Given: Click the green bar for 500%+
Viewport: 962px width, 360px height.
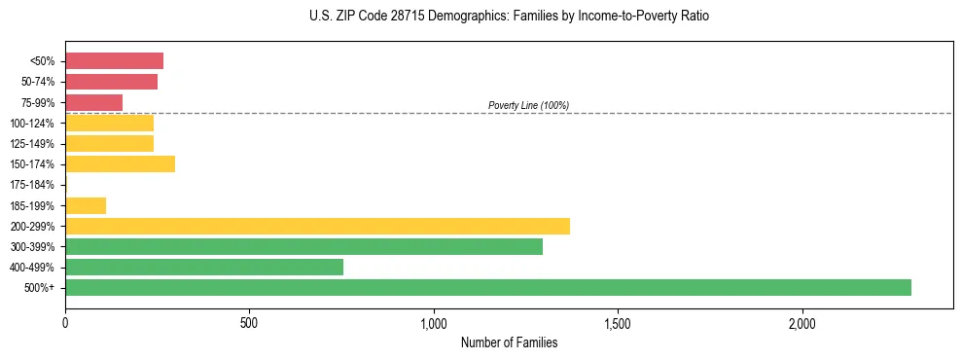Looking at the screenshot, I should click(x=487, y=287).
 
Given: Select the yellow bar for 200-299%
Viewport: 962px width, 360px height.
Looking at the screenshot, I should click(x=317, y=226).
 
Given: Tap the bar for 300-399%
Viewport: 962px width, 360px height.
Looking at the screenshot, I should click(x=303, y=246).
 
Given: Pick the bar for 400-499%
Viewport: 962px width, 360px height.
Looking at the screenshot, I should click(x=204, y=267).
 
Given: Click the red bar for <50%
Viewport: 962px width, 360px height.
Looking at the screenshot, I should click(x=114, y=60).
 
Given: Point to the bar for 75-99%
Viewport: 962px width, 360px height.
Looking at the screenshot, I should click(x=93, y=102).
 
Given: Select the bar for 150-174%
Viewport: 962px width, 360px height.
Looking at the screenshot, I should click(x=120, y=163).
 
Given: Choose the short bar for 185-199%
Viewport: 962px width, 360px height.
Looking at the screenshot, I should click(x=86, y=205).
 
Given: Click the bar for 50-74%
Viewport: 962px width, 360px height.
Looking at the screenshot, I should click(x=111, y=82).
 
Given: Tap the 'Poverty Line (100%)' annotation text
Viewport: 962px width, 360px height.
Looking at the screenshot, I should click(x=528, y=105).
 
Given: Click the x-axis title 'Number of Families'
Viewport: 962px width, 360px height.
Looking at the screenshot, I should click(x=509, y=343).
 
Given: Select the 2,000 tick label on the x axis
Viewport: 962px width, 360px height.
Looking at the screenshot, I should click(x=802, y=323).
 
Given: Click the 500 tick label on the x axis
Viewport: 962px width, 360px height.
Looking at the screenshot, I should click(x=249, y=323).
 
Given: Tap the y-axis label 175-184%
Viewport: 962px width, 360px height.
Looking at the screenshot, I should click(x=32, y=185).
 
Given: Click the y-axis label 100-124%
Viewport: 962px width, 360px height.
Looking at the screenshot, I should click(x=32, y=124).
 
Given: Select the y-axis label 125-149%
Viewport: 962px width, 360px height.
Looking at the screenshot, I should click(x=32, y=144).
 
